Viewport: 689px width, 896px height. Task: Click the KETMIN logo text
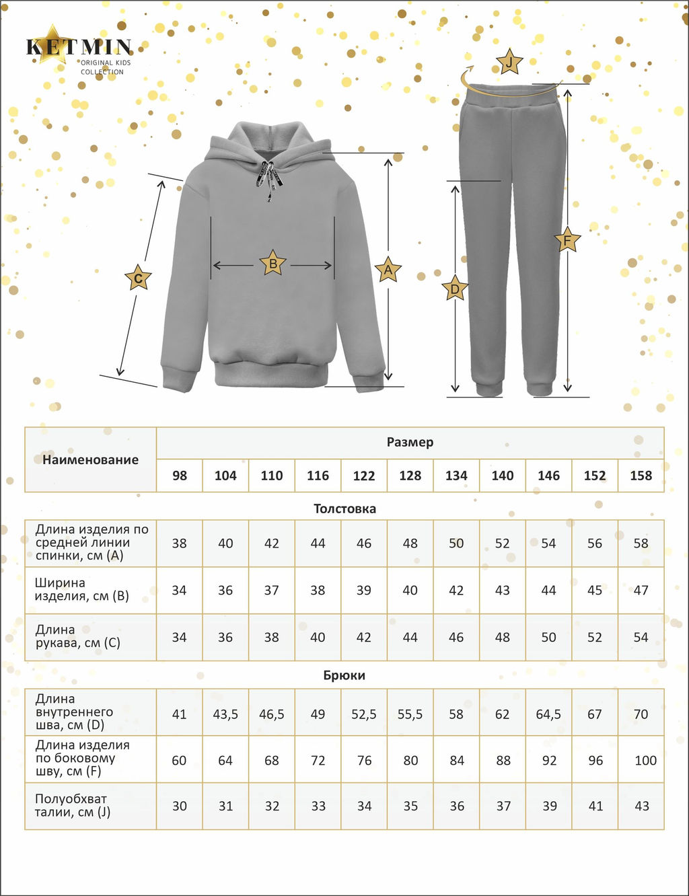point(79,47)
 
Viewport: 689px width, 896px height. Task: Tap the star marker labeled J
point(509,63)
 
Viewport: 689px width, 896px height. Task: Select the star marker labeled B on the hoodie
point(273,264)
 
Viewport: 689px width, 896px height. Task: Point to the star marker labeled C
point(138,278)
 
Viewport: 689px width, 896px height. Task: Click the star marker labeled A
point(388,270)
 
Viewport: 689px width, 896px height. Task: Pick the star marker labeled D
point(456,289)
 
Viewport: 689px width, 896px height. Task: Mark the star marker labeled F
point(567,239)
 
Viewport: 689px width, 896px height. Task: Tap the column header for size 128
point(410,476)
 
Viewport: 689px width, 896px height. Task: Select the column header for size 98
point(179,476)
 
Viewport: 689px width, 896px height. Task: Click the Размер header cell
point(410,443)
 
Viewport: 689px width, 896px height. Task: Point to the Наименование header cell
point(90,459)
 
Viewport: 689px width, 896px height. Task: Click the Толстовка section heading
point(344,509)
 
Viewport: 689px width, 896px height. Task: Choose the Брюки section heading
point(344,675)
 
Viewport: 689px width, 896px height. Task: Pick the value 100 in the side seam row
point(645,760)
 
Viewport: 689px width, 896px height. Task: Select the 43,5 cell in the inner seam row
point(225,714)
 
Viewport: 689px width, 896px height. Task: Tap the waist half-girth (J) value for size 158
point(641,806)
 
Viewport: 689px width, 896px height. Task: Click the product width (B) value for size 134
point(456,590)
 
